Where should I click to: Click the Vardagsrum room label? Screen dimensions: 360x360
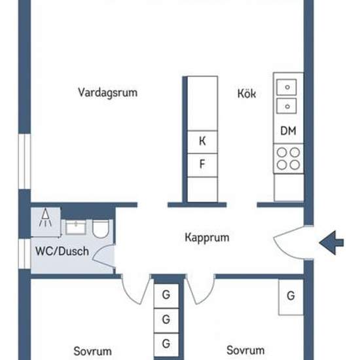pos(108,93)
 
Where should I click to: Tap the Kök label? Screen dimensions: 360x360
pos(247,94)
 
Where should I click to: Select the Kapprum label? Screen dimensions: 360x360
pos(207,238)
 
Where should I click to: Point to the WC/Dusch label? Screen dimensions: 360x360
pos(62,251)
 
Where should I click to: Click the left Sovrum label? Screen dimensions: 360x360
pos(92,351)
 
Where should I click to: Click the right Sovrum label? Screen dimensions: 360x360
pos(245,350)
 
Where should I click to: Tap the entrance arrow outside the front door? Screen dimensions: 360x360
pos(331,243)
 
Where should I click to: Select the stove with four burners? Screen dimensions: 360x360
pos(289,158)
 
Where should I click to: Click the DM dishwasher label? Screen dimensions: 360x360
pos(288,131)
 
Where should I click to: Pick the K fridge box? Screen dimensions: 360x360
pos(202,141)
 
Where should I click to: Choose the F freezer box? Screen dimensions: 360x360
pos(202,165)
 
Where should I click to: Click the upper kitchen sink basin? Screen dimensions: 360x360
pos(286,87)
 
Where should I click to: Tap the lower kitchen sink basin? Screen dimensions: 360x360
pos(286,106)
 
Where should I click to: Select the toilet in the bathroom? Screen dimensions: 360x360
pos(100,228)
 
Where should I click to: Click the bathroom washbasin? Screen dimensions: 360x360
pos(75,227)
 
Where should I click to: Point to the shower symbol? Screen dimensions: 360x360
pos(45,217)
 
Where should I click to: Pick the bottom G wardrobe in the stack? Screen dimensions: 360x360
pos(166,344)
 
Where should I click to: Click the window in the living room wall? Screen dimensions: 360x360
pos(24,162)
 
